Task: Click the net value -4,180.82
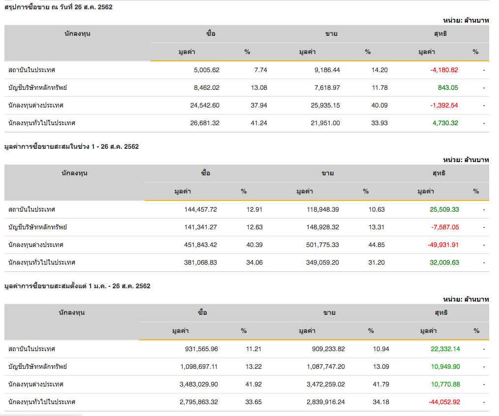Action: click(x=444, y=70)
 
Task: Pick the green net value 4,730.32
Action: click(x=444, y=123)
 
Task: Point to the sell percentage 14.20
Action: click(x=379, y=70)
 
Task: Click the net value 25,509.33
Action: click(x=444, y=209)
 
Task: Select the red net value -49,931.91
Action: click(x=444, y=245)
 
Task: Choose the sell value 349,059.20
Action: click(x=320, y=262)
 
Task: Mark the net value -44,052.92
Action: click(x=444, y=402)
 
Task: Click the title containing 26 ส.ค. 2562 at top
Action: click(x=59, y=7)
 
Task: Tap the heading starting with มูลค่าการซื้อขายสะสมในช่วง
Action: click(x=71, y=146)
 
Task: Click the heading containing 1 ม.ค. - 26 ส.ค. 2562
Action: click(x=77, y=286)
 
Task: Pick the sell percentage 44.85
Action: click(x=376, y=245)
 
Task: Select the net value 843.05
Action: click(x=448, y=87)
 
